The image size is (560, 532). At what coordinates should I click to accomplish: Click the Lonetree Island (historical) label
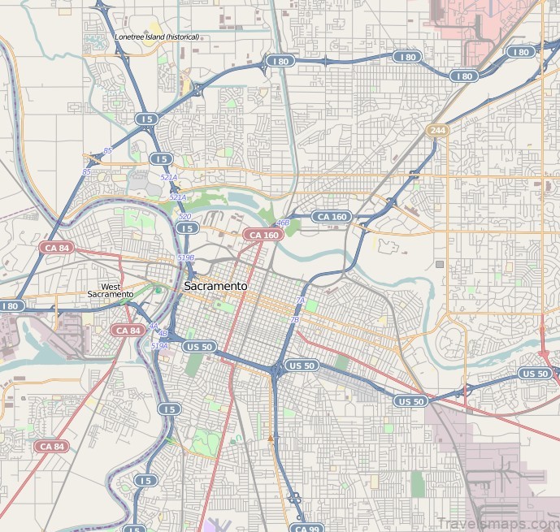157,37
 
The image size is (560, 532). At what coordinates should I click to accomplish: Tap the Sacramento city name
215,287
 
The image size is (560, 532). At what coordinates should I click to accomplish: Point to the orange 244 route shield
437,130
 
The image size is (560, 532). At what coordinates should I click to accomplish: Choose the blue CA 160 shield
332,217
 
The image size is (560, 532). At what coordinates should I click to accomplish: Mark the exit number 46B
283,223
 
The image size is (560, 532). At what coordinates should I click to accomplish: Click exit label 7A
300,301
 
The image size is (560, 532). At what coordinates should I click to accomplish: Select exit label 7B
294,320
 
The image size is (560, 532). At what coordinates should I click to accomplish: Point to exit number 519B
185,257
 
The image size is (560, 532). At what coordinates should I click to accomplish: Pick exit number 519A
159,346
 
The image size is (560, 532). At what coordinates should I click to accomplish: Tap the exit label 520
184,217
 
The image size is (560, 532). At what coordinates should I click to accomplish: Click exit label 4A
153,326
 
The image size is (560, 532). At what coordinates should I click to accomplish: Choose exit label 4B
163,334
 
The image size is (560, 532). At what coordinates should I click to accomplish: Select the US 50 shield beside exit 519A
199,347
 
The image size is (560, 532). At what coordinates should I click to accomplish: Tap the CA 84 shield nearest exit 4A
128,330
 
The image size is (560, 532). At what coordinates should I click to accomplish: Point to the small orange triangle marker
271,438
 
